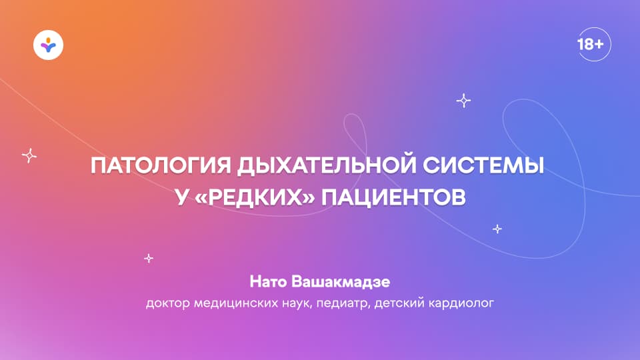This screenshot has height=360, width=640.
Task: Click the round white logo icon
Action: click(x=48, y=45)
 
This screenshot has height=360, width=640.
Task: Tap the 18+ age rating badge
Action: click(x=590, y=45)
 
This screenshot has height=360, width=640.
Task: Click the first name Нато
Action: click(x=267, y=283)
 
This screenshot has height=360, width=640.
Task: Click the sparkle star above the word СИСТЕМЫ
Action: click(x=463, y=101)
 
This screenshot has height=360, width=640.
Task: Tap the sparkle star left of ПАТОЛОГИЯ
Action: click(x=29, y=155)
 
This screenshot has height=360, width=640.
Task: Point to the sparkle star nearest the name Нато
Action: click(x=149, y=257)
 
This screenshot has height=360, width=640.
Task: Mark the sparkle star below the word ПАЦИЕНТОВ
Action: click(x=497, y=229)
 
